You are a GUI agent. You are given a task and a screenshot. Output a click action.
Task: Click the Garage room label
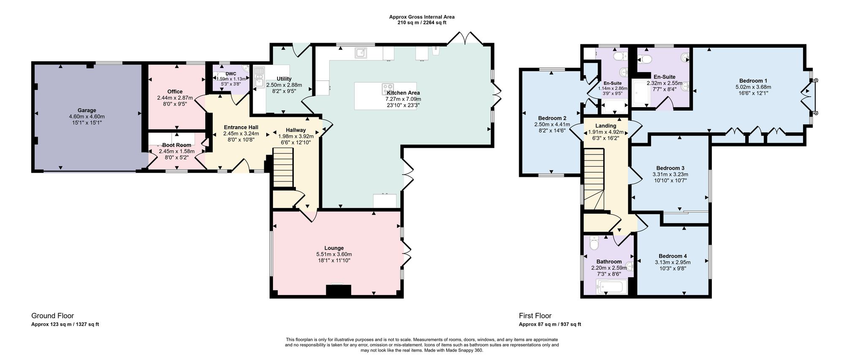coord(87,111)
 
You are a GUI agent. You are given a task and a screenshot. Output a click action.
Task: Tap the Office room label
coord(175,92)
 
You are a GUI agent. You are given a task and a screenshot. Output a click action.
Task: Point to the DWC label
coord(231,74)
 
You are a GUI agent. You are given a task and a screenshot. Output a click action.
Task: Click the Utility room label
coord(284,79)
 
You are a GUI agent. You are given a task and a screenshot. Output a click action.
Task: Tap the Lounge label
coord(334,248)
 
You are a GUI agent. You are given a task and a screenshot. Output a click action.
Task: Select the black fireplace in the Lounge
coord(338,290)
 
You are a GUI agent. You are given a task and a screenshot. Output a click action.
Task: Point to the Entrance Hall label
coord(241,127)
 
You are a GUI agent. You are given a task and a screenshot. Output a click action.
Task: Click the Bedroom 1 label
coord(753,81)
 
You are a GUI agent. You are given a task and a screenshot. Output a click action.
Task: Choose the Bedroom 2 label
coord(552,118)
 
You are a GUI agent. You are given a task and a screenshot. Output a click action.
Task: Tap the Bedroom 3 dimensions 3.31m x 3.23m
coord(670,174)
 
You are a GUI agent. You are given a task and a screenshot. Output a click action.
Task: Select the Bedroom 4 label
coord(673,256)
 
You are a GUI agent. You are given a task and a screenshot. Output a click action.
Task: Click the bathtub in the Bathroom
coord(612,289)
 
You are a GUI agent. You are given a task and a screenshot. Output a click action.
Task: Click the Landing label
coord(606,126)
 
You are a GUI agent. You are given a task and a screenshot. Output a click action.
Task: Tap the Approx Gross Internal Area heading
coord(422,17)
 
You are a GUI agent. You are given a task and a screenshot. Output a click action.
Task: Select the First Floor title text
coord(535,316)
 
